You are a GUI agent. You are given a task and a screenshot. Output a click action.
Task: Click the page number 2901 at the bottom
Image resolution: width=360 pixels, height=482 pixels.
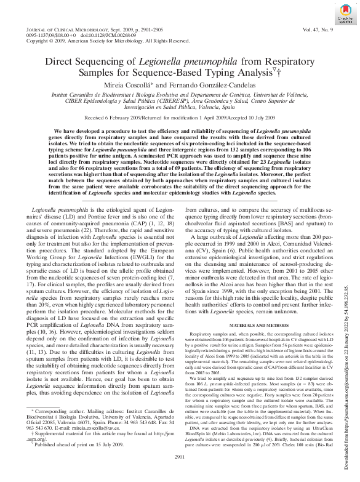tap(180, 473)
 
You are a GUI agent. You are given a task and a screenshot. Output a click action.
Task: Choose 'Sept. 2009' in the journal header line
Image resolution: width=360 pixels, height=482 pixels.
tap(138, 30)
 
